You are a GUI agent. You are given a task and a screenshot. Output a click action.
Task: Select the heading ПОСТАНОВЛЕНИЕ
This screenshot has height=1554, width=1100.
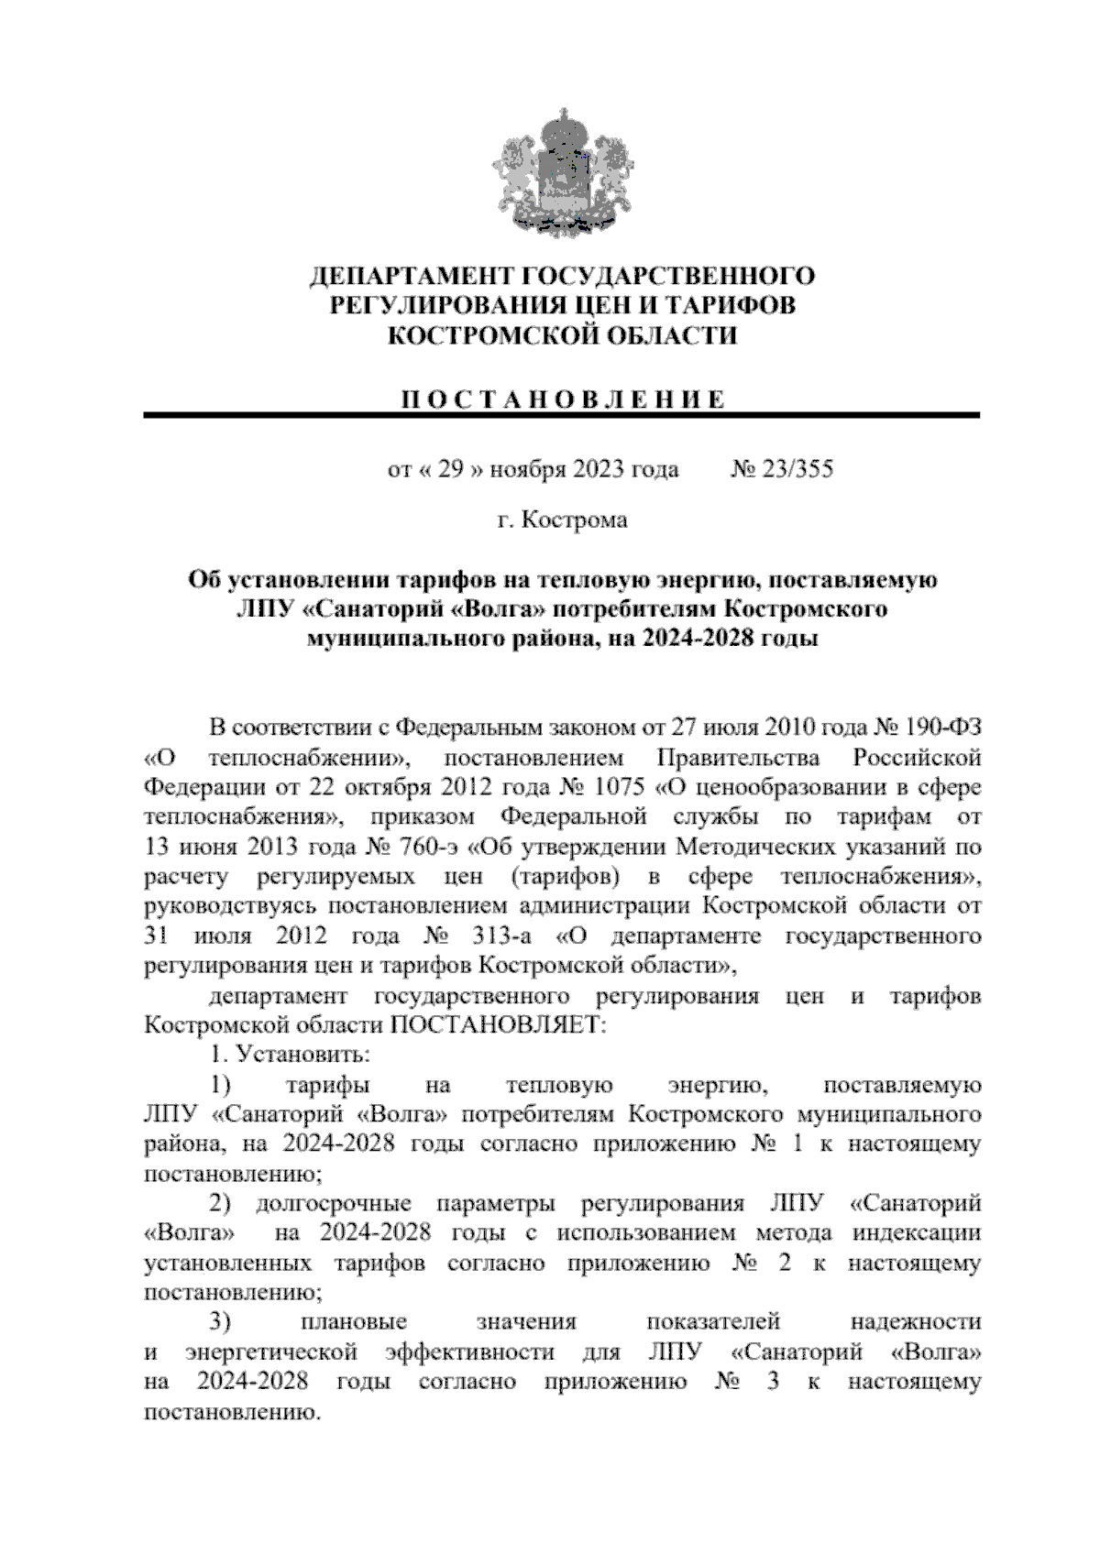pos(562,399)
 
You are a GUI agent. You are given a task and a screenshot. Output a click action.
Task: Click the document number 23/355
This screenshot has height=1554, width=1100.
pos(794,470)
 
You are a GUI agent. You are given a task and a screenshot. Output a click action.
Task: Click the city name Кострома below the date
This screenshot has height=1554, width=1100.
pos(574,520)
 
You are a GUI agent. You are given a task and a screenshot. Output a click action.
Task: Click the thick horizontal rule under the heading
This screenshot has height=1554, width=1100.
pos(562,417)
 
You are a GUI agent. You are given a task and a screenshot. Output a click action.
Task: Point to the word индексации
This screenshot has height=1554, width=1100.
pos(918,1233)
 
